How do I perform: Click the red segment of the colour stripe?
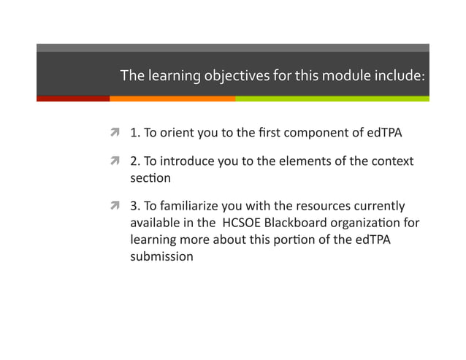point(73,98)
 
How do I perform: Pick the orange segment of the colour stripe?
point(172,98)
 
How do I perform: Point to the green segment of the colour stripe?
point(332,98)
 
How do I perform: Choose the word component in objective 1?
point(313,134)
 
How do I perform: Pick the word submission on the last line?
point(161,256)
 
